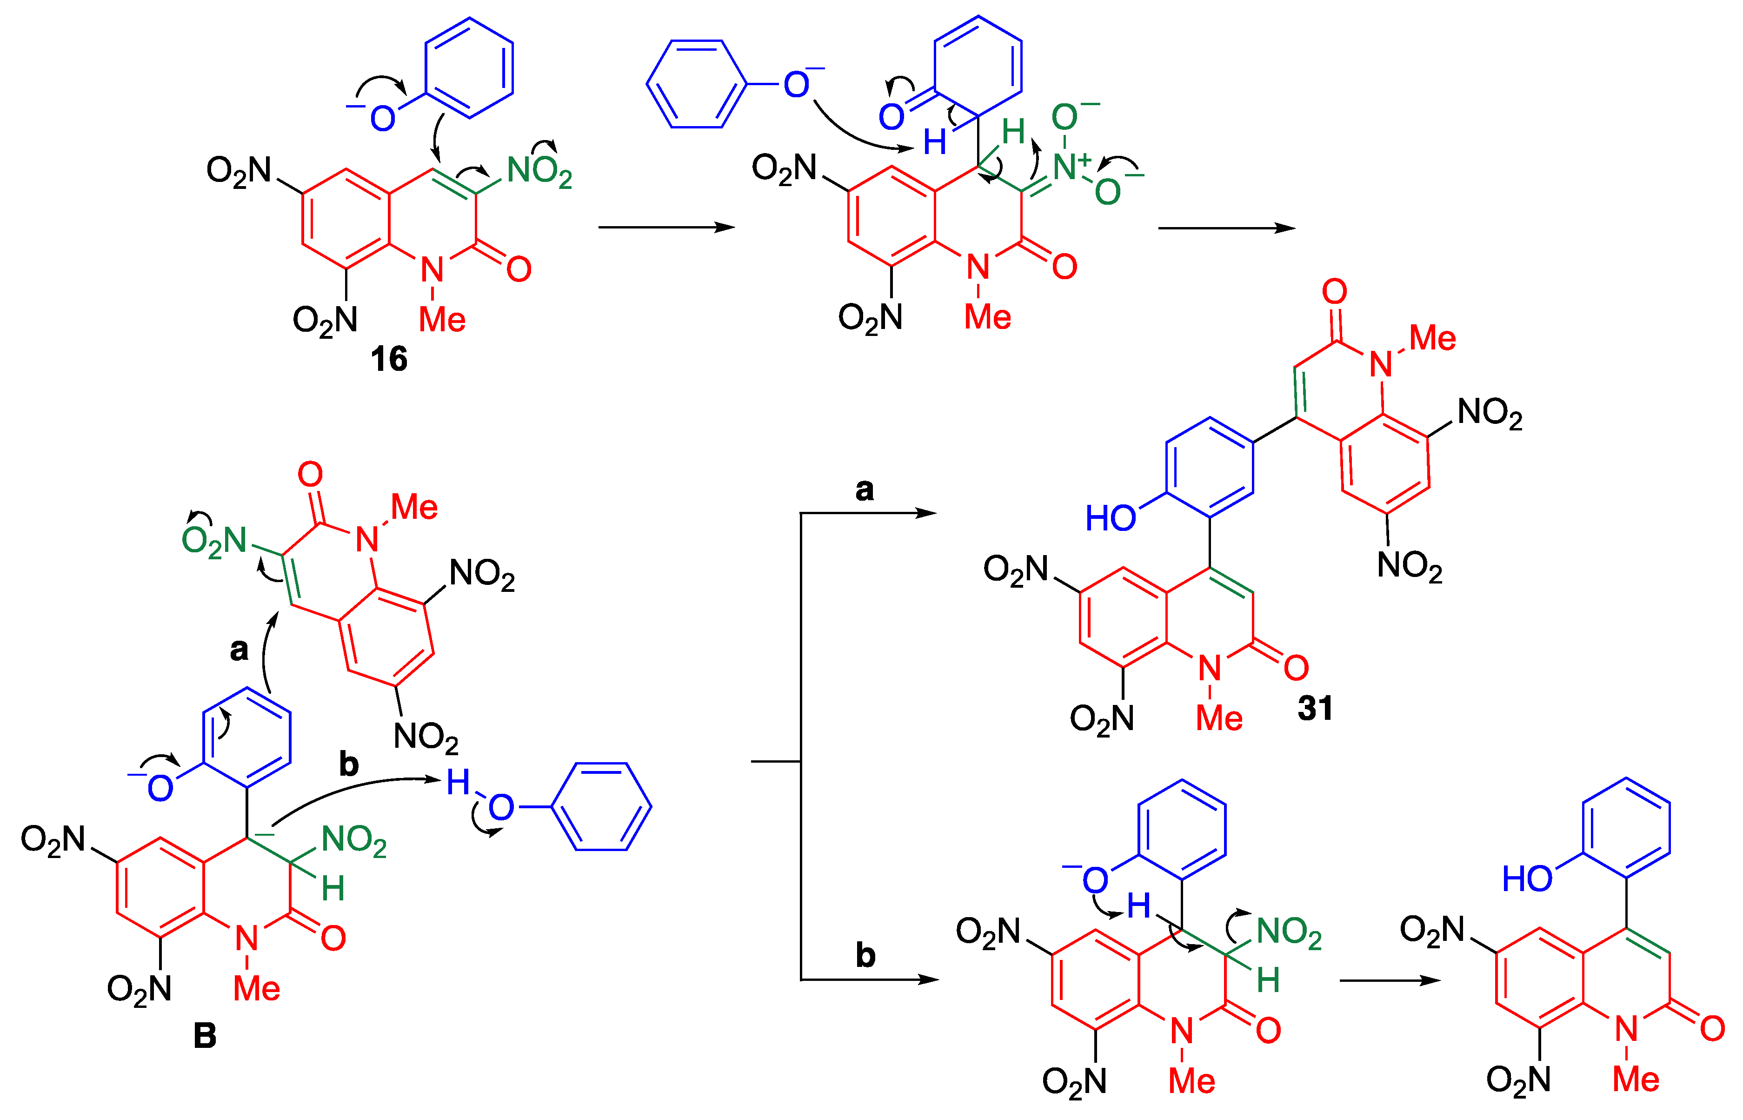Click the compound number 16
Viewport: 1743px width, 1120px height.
389,359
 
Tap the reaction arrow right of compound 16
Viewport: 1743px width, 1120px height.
666,228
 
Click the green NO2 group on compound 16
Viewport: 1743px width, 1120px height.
539,172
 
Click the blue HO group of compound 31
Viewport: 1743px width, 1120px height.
1110,518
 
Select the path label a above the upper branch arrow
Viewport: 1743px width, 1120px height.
864,490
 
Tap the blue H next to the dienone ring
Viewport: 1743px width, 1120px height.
935,142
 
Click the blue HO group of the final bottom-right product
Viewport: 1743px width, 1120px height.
1526,879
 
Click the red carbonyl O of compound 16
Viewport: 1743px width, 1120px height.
519,269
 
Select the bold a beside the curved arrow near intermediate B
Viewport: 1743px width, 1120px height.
239,650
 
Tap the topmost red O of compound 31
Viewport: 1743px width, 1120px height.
1335,292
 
